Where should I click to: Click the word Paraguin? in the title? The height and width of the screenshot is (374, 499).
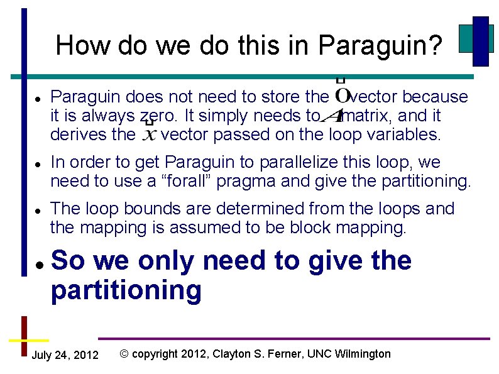[x=381, y=46]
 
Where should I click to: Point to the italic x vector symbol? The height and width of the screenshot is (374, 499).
[x=150, y=133]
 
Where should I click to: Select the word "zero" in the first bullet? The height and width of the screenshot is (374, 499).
[x=154, y=116]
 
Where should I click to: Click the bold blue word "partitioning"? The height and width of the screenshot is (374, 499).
[x=126, y=290]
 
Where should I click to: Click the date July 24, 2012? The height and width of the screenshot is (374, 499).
[x=65, y=356]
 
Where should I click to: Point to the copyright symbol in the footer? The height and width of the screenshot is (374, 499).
[x=124, y=354]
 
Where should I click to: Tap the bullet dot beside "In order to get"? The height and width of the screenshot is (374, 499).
[x=39, y=163]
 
